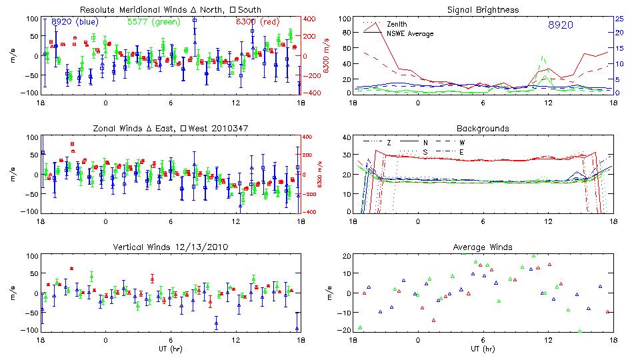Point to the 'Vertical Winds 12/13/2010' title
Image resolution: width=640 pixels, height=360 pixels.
[x=170, y=247]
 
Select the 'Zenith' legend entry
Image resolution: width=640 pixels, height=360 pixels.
[x=399, y=24]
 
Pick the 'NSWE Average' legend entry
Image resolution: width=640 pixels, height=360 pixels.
[x=411, y=33]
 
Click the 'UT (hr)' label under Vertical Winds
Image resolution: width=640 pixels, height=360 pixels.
[x=170, y=349]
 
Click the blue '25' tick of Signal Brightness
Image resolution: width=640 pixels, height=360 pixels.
[x=619, y=19]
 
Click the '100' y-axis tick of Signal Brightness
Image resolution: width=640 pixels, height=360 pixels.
[x=345, y=19]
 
